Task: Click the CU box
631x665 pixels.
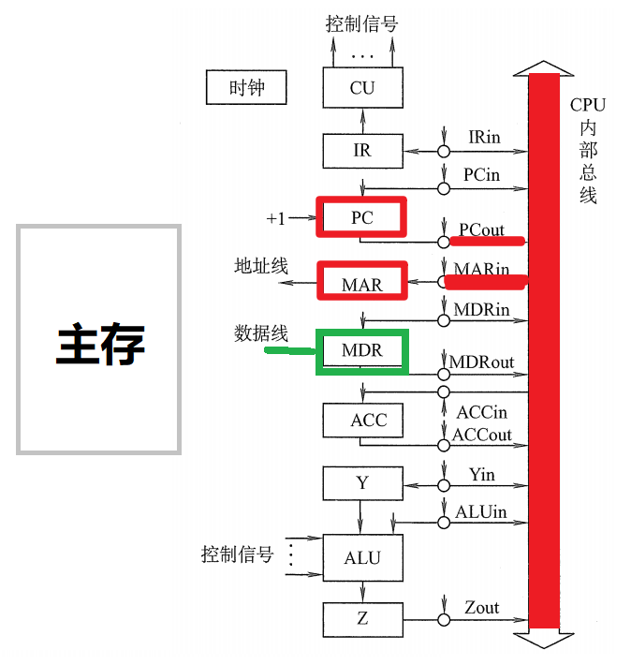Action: click(x=362, y=88)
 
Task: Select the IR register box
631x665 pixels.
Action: click(x=362, y=150)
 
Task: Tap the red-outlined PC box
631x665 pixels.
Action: click(x=362, y=217)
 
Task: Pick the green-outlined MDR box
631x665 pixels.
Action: click(x=362, y=351)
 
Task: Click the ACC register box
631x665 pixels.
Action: click(x=362, y=420)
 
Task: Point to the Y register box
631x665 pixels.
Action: click(x=362, y=483)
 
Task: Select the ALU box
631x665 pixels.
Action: click(x=362, y=557)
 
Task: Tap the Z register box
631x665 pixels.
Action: click(x=362, y=617)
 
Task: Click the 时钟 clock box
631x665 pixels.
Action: click(x=246, y=88)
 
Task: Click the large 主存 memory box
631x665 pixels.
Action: click(x=99, y=339)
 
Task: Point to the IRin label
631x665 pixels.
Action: click(x=484, y=137)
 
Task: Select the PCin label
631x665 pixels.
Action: click(x=481, y=174)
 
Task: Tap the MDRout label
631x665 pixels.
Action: click(x=482, y=362)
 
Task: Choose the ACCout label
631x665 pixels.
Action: click(x=482, y=435)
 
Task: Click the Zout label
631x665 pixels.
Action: click(x=482, y=607)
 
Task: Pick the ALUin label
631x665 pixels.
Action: click(x=481, y=511)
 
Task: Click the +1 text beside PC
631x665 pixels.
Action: click(x=275, y=218)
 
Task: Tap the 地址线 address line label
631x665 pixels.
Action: click(x=260, y=266)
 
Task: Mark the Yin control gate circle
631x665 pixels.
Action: click(x=442, y=485)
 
